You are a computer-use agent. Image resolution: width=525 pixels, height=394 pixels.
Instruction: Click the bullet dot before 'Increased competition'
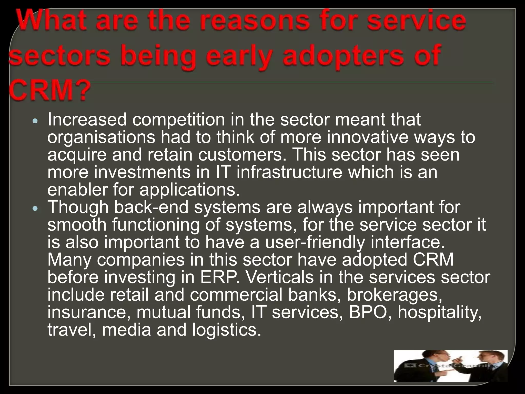tap(36, 121)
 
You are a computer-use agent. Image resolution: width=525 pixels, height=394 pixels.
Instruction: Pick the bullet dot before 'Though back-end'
tap(36, 208)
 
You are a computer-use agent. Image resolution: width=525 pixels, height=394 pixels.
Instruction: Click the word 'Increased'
tap(87, 120)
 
